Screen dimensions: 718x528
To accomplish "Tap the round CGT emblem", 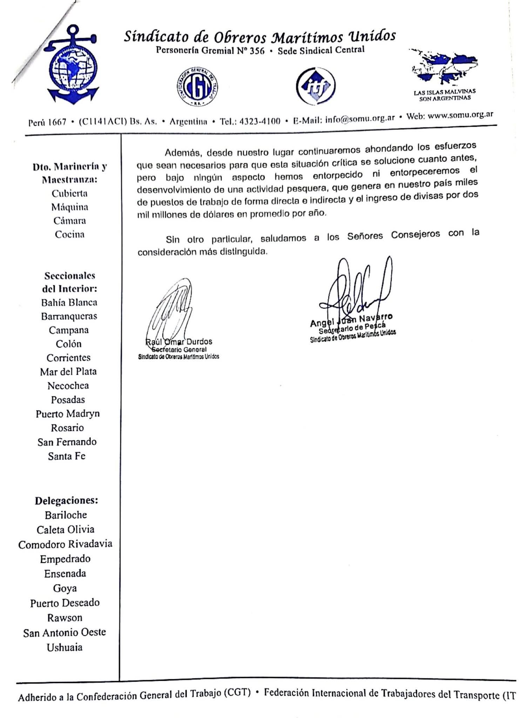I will [197, 86].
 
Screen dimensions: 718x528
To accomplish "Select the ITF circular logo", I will [315, 86].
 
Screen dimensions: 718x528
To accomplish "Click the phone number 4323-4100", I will [259, 121].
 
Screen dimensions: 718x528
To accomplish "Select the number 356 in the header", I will [257, 51].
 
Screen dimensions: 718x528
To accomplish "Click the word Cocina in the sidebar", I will [69, 234].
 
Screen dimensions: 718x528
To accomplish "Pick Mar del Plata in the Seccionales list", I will [68, 372].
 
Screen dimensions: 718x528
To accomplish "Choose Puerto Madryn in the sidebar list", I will [68, 414].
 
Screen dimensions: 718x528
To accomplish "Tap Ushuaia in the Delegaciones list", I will [65, 647].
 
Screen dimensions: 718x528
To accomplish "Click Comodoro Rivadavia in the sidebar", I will [65, 544].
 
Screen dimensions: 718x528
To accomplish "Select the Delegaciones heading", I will [66, 501].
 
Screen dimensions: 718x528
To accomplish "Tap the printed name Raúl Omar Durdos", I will [179, 342].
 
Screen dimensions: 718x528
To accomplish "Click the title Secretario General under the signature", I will [179, 350].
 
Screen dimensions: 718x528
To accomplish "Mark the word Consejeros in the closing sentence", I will [415, 235].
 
